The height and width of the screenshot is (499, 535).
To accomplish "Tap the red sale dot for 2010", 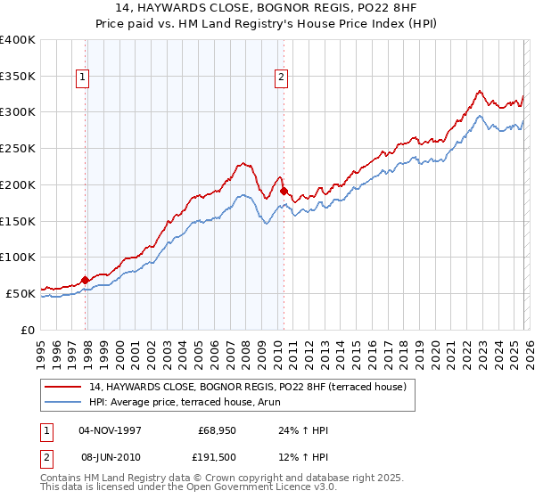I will point(284,191).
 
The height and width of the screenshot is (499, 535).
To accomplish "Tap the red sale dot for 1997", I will point(86,280).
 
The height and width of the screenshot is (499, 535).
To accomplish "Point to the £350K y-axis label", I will point(18,77).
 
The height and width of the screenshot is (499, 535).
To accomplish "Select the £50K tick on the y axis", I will point(21,293).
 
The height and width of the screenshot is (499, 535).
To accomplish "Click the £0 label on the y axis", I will point(29,330).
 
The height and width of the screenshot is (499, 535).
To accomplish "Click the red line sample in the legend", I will point(64,387).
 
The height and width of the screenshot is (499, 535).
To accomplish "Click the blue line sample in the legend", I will point(64,402).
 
